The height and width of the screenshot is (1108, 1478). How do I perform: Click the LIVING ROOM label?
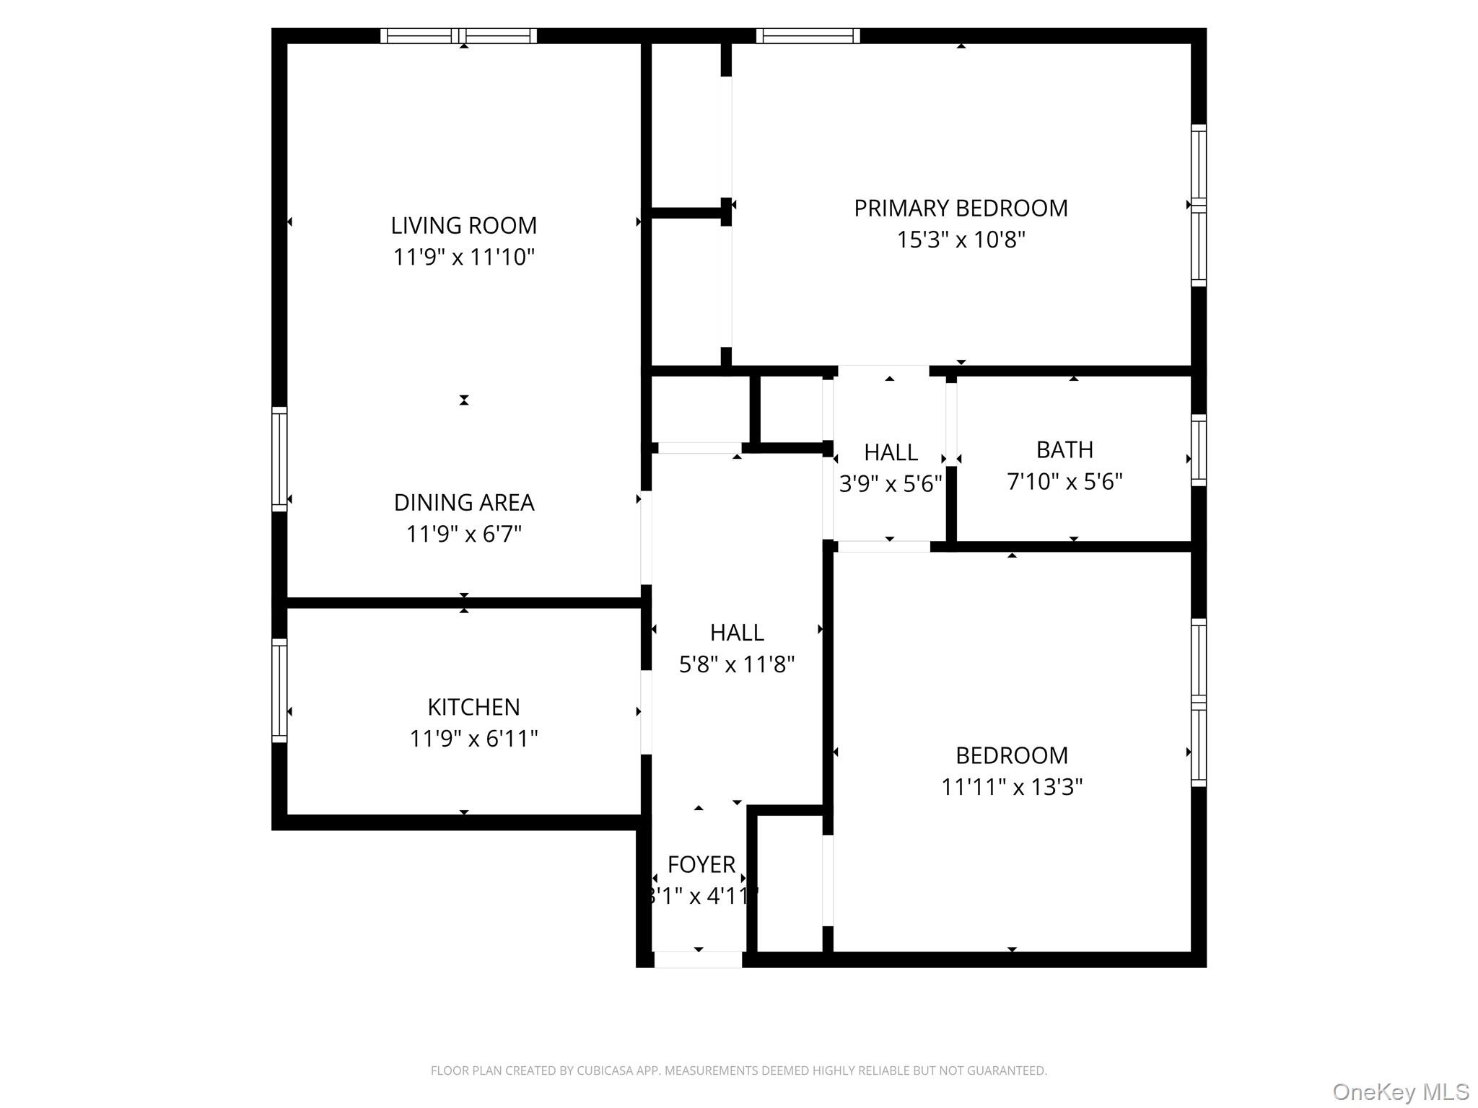[463, 226]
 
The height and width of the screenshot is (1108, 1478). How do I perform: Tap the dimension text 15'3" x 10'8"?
[961, 239]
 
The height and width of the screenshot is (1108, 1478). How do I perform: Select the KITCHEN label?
[473, 707]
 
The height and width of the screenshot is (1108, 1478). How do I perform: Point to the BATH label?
[1064, 450]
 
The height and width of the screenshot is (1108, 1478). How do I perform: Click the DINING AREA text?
[463, 502]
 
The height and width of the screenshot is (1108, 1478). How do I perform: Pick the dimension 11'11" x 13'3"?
[1011, 786]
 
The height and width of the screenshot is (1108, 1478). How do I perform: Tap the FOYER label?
[701, 864]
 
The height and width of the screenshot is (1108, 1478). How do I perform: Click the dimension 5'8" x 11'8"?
[736, 664]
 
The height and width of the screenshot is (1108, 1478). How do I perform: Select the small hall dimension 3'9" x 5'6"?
[891, 483]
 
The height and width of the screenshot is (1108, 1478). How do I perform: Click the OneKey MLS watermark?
[1400, 1091]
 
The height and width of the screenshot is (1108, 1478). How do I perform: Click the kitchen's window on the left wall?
[279, 690]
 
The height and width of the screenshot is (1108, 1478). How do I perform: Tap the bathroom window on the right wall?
[1198, 450]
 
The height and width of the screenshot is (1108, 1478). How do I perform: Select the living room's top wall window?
[459, 35]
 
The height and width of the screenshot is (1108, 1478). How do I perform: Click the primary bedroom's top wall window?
[808, 35]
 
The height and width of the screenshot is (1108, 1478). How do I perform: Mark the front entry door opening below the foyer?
[698, 959]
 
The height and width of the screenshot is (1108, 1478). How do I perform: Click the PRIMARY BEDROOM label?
[961, 208]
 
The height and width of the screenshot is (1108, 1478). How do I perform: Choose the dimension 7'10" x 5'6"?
[1064, 481]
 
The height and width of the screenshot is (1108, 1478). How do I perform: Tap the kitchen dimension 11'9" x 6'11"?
[473, 739]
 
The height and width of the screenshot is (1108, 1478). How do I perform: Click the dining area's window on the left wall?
[279, 459]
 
